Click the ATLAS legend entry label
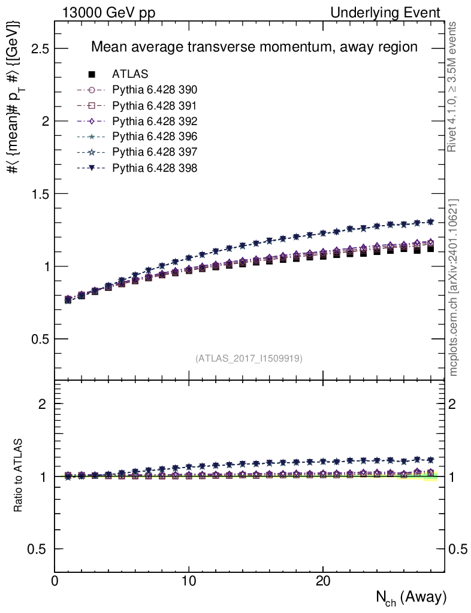(x=130, y=74)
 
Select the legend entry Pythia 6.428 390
(x=155, y=90)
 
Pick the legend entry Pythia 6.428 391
(x=155, y=106)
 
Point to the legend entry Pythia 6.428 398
(x=155, y=168)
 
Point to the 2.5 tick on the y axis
(x=40, y=48)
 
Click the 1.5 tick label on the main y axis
(x=40, y=194)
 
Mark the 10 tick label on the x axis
(x=189, y=581)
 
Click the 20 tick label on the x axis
(x=323, y=581)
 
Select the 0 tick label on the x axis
(x=55, y=581)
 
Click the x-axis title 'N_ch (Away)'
(x=411, y=597)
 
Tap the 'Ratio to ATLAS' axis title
(x=19, y=476)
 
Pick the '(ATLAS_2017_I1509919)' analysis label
(x=249, y=359)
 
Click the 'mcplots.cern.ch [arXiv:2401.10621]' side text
(x=454, y=287)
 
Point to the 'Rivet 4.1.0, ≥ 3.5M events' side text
(x=454, y=87)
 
